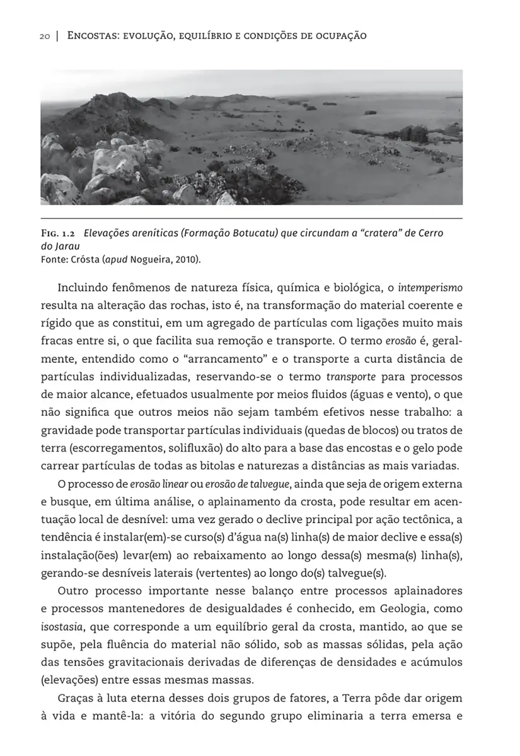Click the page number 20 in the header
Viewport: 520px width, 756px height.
44,36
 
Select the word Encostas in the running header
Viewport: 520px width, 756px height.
91,36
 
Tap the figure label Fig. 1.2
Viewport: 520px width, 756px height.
58,233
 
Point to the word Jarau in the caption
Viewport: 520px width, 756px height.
67,246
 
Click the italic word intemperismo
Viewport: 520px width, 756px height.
432,288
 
